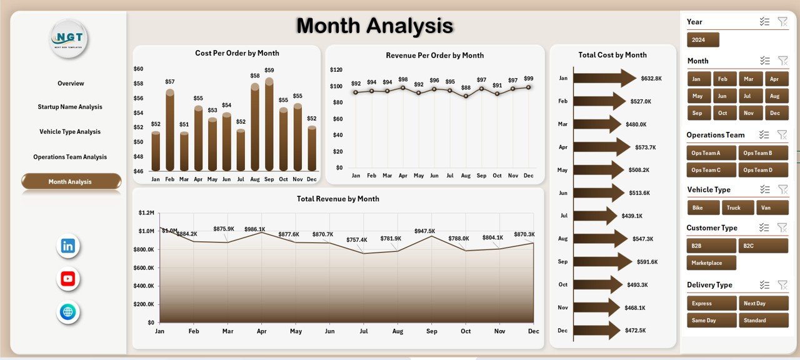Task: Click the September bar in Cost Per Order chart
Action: (269, 125)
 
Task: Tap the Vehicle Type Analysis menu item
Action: (70, 132)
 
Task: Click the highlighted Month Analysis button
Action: (71, 182)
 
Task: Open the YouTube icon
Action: (68, 279)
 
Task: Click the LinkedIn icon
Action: (68, 246)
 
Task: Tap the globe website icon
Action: (68, 312)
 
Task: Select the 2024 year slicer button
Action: (702, 40)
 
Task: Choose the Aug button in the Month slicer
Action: (774, 96)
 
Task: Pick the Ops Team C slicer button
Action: (711, 170)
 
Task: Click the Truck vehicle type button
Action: (737, 208)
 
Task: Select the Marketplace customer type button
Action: (711, 263)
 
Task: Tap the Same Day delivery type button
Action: (711, 321)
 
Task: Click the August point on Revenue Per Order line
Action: (466, 96)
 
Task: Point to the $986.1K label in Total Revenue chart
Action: (255, 229)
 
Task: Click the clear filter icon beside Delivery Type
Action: (782, 285)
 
